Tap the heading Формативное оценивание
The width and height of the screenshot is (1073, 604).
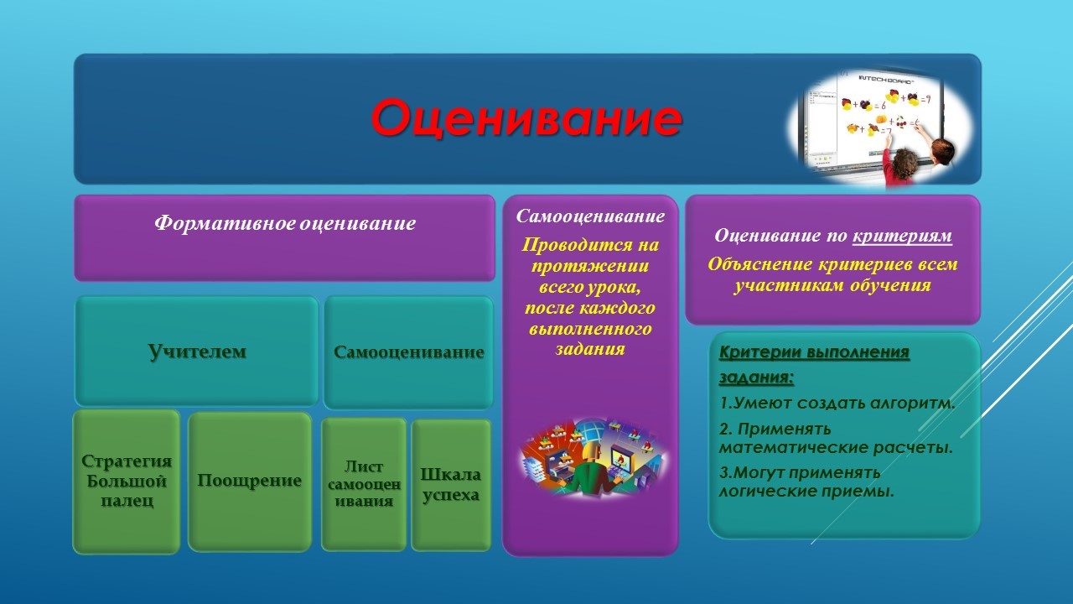click(285, 223)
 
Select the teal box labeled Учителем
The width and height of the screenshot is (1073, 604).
click(196, 351)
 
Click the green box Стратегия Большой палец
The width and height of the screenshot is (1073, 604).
click(127, 482)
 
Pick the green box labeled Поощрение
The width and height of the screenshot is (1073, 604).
click(250, 482)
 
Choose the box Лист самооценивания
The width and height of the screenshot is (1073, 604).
click(364, 484)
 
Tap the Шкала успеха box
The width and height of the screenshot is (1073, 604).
click(451, 485)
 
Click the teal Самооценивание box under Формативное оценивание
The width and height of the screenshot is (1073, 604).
click(408, 351)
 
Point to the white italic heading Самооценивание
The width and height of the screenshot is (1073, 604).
click(590, 216)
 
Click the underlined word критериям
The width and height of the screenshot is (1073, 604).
click(902, 236)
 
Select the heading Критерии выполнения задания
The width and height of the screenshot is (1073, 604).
click(814, 364)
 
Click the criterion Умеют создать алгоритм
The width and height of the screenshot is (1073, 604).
click(837, 403)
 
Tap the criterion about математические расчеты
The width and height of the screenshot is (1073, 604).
click(836, 438)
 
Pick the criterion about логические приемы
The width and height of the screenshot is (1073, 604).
click(806, 482)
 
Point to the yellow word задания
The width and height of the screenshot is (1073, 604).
click(590, 349)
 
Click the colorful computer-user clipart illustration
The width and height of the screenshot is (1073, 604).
click(593, 458)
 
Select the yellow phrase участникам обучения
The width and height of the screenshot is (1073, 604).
click(832, 285)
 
